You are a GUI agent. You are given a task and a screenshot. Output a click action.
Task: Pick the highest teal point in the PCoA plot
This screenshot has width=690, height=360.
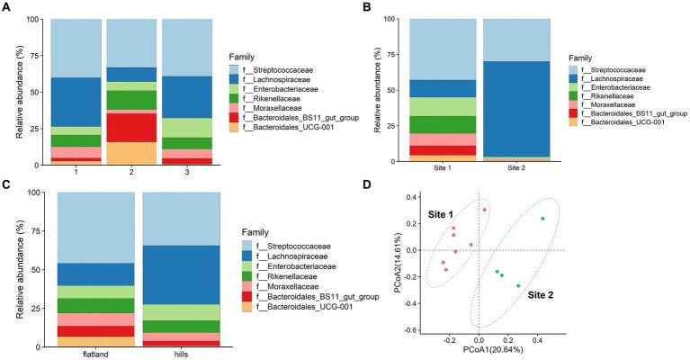[x=542, y=219]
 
